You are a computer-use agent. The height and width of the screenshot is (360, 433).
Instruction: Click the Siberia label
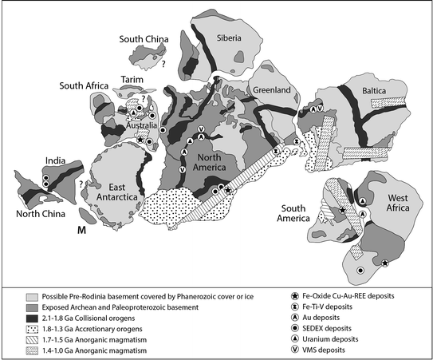click(x=245, y=39)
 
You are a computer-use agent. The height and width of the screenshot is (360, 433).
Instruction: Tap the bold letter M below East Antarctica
click(x=81, y=231)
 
